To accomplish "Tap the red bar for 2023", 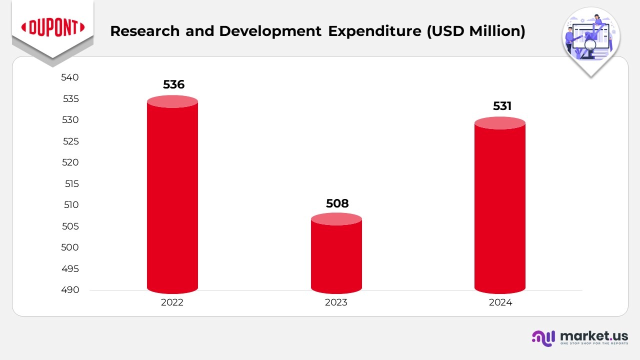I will pyautogui.click(x=336, y=255).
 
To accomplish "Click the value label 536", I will pyautogui.click(x=173, y=84).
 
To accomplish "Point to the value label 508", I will pyautogui.click(x=337, y=203).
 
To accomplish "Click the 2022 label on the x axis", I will pyautogui.click(x=172, y=302).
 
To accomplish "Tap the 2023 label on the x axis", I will pyautogui.click(x=336, y=302).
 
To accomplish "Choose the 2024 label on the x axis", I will pyautogui.click(x=500, y=302).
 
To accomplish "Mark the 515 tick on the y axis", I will pyautogui.click(x=71, y=183).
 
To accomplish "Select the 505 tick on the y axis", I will pyautogui.click(x=71, y=226).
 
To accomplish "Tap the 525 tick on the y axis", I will pyautogui.click(x=71, y=141).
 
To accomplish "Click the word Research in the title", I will pyautogui.click(x=144, y=31).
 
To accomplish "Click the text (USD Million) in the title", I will pyautogui.click(x=475, y=31).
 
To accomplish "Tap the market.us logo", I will pyautogui.click(x=579, y=337).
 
